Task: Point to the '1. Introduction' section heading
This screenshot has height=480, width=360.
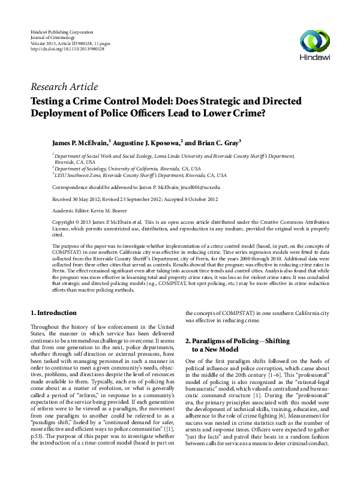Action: pos(53,313)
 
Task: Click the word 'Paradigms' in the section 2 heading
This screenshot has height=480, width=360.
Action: pos(213,341)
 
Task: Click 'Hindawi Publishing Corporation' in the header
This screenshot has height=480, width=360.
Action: pos(61,30)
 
